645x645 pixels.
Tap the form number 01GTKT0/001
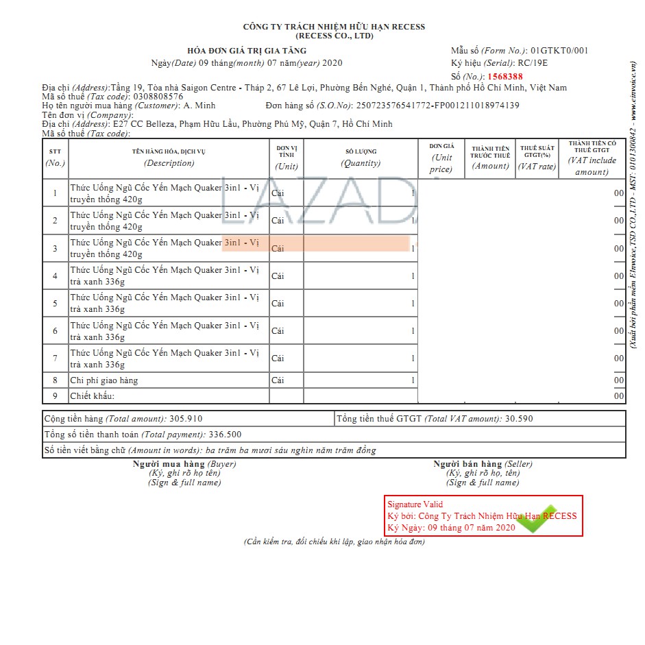559,50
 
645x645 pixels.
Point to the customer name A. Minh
199,106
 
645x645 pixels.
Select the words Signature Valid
415,504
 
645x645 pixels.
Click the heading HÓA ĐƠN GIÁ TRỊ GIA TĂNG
247,51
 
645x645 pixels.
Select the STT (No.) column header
55,158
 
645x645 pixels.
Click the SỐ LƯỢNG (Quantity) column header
361,158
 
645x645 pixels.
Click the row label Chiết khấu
92,395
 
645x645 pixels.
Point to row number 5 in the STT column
55,303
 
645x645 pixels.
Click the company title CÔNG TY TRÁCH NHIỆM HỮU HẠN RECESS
334,27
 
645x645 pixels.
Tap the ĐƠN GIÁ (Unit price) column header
441,158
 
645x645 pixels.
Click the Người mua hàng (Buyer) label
184,464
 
